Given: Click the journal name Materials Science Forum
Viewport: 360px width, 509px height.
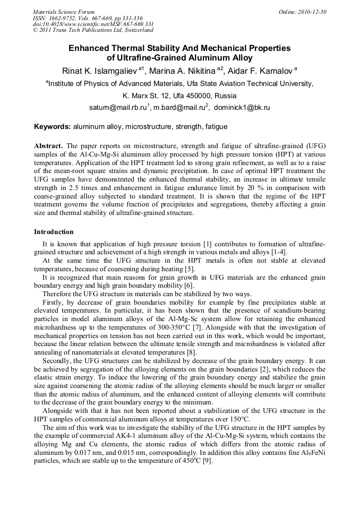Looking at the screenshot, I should coord(64,12).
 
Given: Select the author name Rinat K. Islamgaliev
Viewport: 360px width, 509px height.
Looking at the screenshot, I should coord(99,71).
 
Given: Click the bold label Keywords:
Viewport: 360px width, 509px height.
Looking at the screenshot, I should coord(53,127).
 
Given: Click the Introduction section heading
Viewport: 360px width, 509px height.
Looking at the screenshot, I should coord(54,232).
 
